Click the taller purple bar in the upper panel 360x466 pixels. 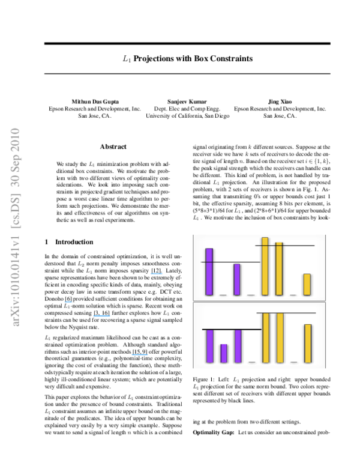[x=209, y=271]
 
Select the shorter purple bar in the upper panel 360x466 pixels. [x=237, y=279]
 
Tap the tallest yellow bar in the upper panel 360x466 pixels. [x=265, y=266]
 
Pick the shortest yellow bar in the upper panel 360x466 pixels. [x=307, y=284]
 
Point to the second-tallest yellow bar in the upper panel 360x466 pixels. [x=279, y=268]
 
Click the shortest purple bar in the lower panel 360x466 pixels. [x=224, y=353]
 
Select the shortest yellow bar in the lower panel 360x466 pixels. [x=308, y=343]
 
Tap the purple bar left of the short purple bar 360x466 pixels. [x=210, y=346]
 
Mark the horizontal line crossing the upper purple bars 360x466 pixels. [x=230, y=262]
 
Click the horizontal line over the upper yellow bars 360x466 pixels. [x=285, y=246]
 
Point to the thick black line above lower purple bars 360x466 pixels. [x=232, y=329]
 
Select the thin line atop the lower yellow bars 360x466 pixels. [x=286, y=313]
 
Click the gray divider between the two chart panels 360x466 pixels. [x=259, y=301]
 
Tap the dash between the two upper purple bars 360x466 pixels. [x=223, y=295]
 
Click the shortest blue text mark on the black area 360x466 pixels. [x=68, y=301]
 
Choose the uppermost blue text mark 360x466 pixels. [x=156, y=274]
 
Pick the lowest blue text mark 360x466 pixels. [x=140, y=354]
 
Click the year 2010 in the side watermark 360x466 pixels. [x=16, y=139]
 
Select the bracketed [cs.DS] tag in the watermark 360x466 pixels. [x=16, y=210]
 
